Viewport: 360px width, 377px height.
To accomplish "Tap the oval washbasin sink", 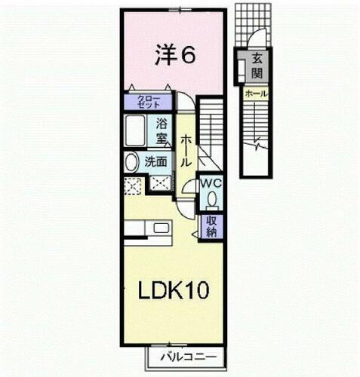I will pos(131,161).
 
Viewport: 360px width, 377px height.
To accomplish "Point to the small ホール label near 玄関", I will pos(255,93).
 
